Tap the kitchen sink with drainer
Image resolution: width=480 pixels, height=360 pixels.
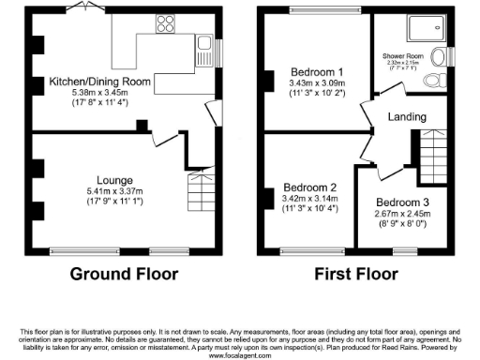pyautogui.click(x=204, y=44)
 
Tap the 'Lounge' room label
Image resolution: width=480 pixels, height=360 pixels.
pyautogui.click(x=113, y=179)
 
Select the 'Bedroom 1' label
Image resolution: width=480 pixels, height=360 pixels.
pyautogui.click(x=314, y=71)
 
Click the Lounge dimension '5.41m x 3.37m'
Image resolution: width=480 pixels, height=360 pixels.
pyautogui.click(x=113, y=191)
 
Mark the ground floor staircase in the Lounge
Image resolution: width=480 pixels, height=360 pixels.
pyautogui.click(x=202, y=192)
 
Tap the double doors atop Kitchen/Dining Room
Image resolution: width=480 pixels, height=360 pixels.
pyautogui.click(x=84, y=8)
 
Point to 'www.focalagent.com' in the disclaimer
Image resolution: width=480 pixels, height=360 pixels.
pyautogui.click(x=240, y=355)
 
